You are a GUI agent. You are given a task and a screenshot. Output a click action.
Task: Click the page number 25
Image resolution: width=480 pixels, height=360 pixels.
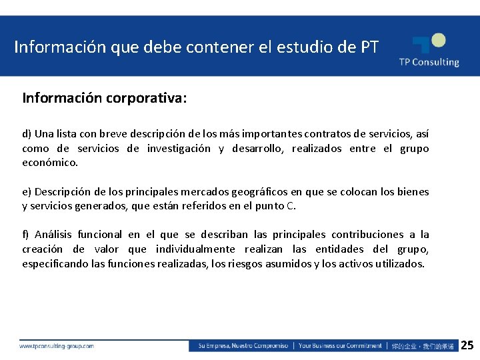467,345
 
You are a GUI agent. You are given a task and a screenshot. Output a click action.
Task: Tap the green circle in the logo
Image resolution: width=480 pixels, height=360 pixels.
437,41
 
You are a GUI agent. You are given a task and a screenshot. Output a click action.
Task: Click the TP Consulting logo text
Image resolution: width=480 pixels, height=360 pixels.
429,62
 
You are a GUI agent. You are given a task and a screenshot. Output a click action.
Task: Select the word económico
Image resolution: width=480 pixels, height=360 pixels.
50,162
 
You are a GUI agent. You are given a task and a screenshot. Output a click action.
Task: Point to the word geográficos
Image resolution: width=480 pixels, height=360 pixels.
257,191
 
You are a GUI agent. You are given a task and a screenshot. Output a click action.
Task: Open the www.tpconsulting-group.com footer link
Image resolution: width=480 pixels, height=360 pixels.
57,346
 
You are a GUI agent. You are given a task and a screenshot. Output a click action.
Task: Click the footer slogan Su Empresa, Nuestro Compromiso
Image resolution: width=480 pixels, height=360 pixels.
243,346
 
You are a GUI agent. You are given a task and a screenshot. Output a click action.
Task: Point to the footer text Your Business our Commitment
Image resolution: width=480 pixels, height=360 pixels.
340,346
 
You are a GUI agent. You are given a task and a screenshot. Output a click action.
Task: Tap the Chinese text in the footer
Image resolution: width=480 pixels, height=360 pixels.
423,346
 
